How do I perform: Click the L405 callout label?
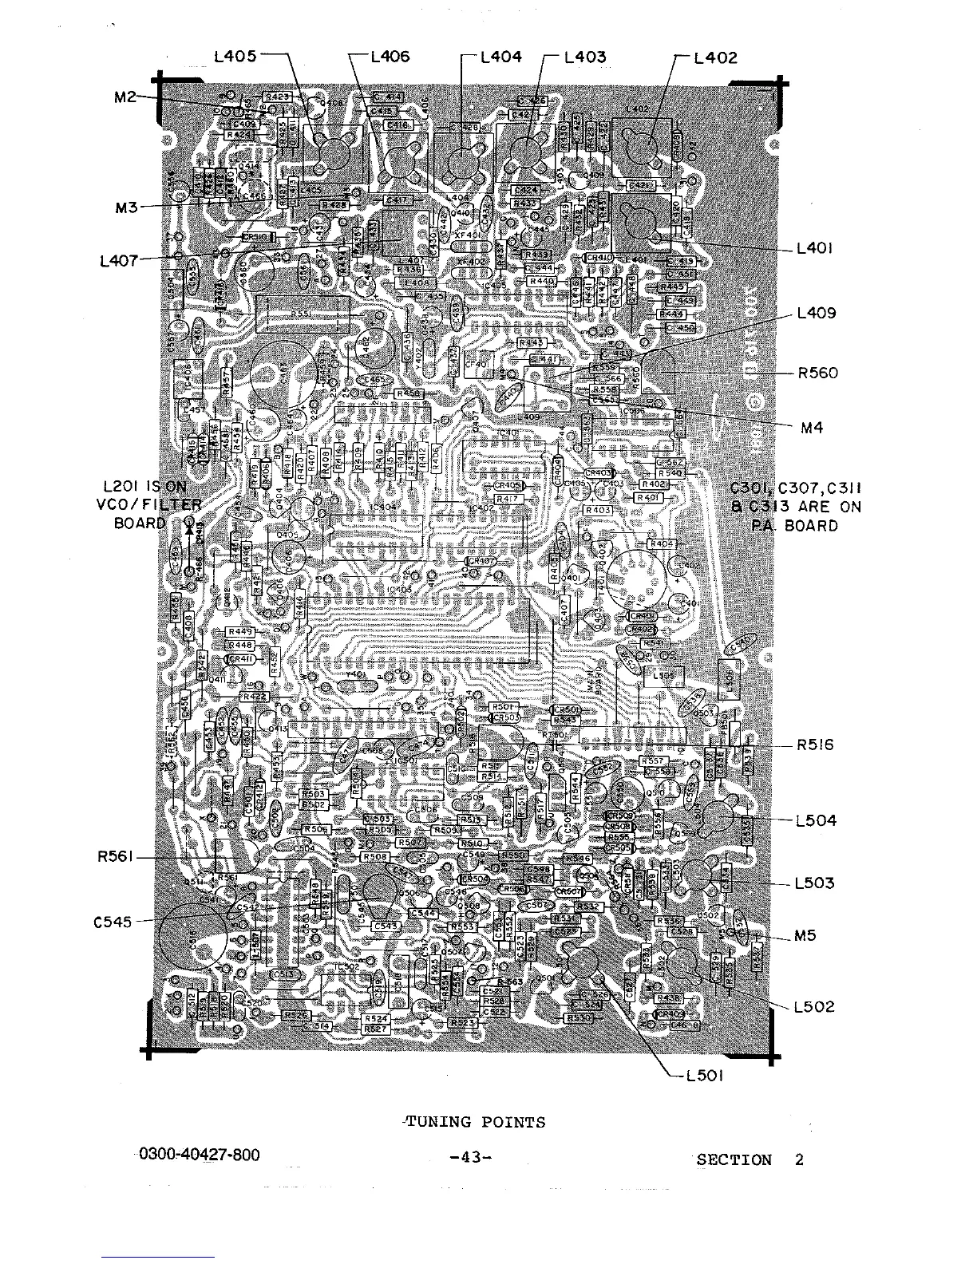[235, 57]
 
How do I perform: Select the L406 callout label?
[390, 57]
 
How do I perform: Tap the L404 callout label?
[502, 57]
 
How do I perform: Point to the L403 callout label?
[585, 57]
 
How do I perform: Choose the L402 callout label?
[716, 57]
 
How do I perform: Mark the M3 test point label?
[126, 207]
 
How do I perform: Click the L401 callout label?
[815, 248]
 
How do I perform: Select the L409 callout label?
[817, 313]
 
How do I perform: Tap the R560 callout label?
[817, 373]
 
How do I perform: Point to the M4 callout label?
[811, 428]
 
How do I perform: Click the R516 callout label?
[815, 745]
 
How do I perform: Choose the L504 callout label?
[816, 820]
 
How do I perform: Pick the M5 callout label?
[805, 936]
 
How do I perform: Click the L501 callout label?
[704, 1076]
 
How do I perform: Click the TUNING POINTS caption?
[476, 1122]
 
